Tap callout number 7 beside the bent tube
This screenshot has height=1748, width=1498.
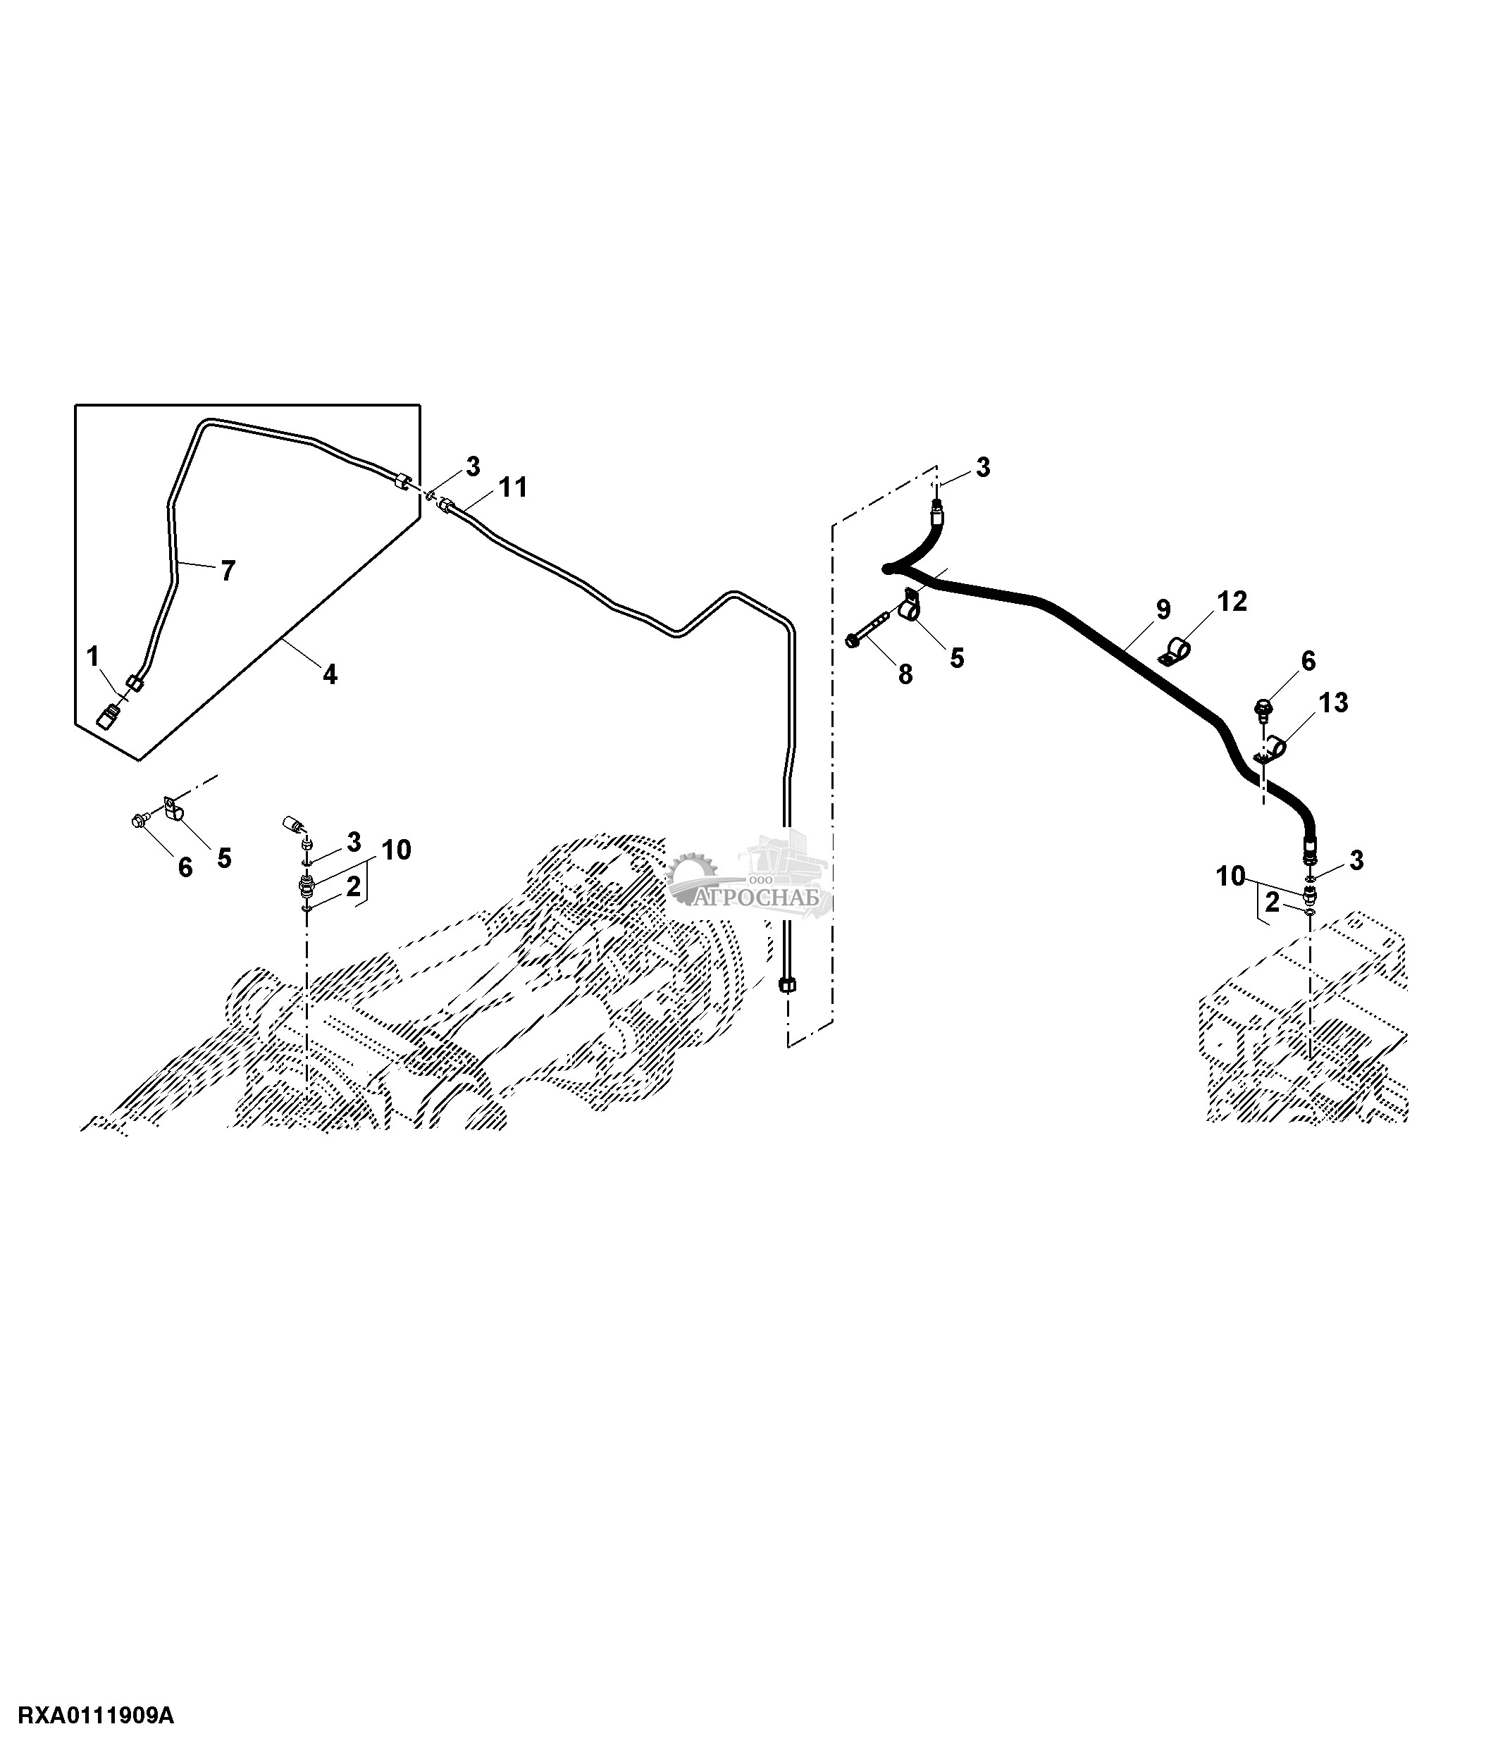tap(227, 571)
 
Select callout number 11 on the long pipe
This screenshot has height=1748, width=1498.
tap(513, 487)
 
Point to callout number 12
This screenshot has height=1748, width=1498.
tap(1232, 602)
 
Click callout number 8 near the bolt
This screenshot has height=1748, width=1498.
tap(905, 674)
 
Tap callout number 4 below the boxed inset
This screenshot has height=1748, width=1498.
tap(330, 674)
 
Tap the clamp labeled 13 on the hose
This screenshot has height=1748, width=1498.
tap(1271, 748)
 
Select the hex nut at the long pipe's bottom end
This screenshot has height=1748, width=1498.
tap(787, 984)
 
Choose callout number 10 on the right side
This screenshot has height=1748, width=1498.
tap(1231, 876)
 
